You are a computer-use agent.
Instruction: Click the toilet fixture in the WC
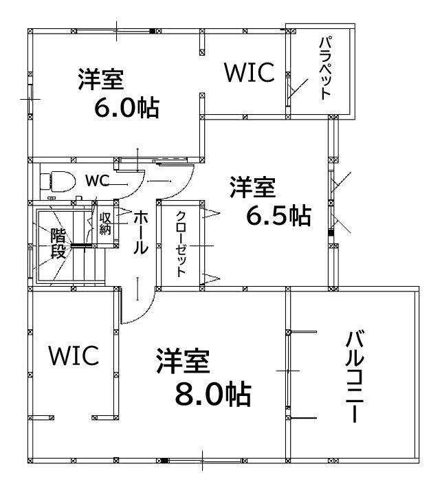click(x=58, y=181)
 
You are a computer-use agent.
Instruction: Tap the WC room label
click(x=97, y=181)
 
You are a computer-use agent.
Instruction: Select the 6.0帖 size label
click(x=127, y=108)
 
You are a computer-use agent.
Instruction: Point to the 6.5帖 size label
click(x=278, y=215)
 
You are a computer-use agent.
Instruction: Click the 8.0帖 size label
click(x=212, y=394)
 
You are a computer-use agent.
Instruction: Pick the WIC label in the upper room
click(x=250, y=72)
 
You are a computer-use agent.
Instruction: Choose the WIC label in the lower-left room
click(x=74, y=355)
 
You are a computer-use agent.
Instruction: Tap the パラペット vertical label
click(x=326, y=68)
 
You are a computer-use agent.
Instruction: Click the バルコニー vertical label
click(x=355, y=377)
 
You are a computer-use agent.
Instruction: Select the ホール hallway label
click(x=140, y=232)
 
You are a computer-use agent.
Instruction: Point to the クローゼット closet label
click(x=181, y=244)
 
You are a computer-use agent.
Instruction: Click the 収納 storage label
click(x=105, y=223)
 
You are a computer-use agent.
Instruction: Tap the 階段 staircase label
click(x=58, y=243)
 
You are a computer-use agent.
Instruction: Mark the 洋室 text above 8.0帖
click(x=183, y=361)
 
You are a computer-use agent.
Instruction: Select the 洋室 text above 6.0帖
click(x=101, y=79)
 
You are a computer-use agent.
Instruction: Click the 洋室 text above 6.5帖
click(x=253, y=187)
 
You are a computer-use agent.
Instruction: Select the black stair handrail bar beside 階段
click(x=81, y=245)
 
